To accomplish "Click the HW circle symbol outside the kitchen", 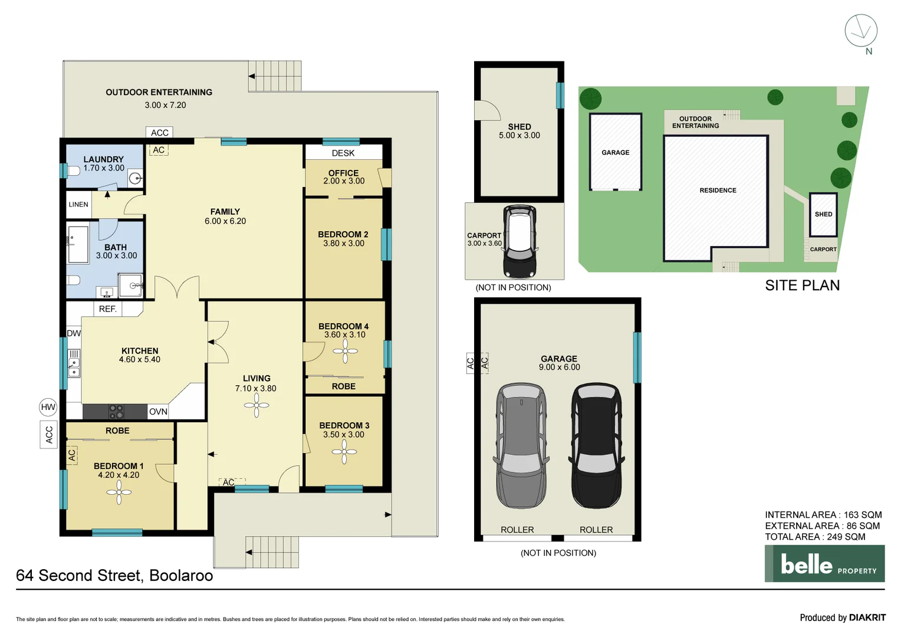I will click(48, 407).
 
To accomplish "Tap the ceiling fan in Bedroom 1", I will click(119, 492).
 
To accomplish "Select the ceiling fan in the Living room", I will click(257, 405).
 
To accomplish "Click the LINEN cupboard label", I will click(78, 205).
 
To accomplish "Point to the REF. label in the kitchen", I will click(108, 309).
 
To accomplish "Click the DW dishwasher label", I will click(74, 333).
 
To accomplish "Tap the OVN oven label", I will click(158, 412).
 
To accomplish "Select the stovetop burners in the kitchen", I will click(116, 411).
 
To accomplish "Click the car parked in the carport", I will click(519, 242).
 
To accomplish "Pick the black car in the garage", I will click(596, 445).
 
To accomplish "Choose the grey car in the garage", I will click(521, 445).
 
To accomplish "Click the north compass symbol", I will click(861, 31).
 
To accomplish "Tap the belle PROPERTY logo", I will click(824, 564).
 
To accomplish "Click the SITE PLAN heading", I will click(802, 285).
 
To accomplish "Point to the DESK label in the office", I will click(343, 153).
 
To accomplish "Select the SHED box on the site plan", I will click(823, 214).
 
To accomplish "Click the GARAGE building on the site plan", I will click(616, 152).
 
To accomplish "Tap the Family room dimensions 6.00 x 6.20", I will click(225, 221).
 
